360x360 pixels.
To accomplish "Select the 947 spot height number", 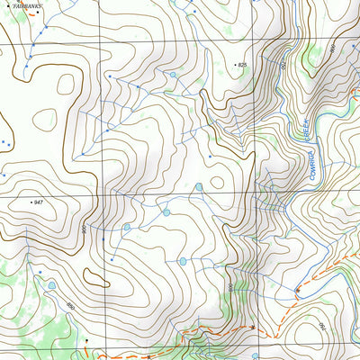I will point(37,203).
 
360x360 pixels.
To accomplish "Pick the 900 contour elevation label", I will point(84,229).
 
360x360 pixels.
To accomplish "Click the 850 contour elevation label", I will point(69,307).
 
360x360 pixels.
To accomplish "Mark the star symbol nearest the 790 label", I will point(298,289).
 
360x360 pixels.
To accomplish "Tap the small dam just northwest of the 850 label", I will point(51,286).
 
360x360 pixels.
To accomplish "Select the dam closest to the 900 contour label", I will point(127,228).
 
